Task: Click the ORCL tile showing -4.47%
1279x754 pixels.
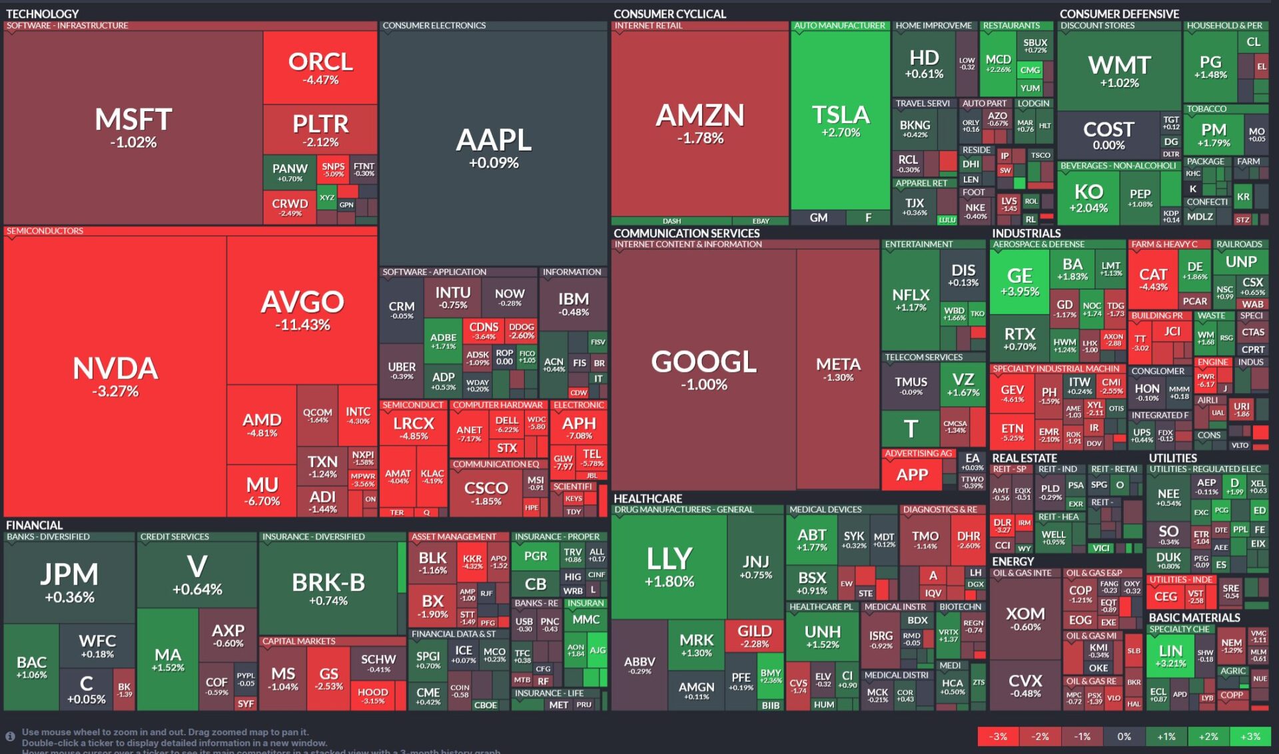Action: [x=320, y=68]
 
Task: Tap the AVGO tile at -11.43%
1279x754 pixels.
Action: [x=302, y=310]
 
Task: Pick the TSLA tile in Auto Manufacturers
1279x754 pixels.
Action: [x=841, y=120]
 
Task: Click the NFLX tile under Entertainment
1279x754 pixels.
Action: [x=911, y=299]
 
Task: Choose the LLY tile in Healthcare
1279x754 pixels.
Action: [x=669, y=566]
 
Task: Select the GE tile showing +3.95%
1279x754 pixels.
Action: [x=1019, y=281]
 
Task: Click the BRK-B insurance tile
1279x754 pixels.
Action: [x=328, y=588]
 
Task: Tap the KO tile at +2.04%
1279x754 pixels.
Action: [x=1088, y=198]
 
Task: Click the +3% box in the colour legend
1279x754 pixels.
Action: [x=1250, y=737]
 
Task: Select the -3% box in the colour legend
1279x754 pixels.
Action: [x=998, y=737]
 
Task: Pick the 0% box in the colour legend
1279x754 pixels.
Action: [x=1124, y=737]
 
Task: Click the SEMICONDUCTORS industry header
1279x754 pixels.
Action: [x=45, y=231]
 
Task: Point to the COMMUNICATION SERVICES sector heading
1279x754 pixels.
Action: [x=686, y=234]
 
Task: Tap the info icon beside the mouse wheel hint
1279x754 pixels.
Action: [x=11, y=737]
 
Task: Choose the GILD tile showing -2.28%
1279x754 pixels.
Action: [x=755, y=635]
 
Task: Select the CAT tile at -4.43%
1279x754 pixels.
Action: [x=1153, y=279]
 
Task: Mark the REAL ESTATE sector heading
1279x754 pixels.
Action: [x=1024, y=458]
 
